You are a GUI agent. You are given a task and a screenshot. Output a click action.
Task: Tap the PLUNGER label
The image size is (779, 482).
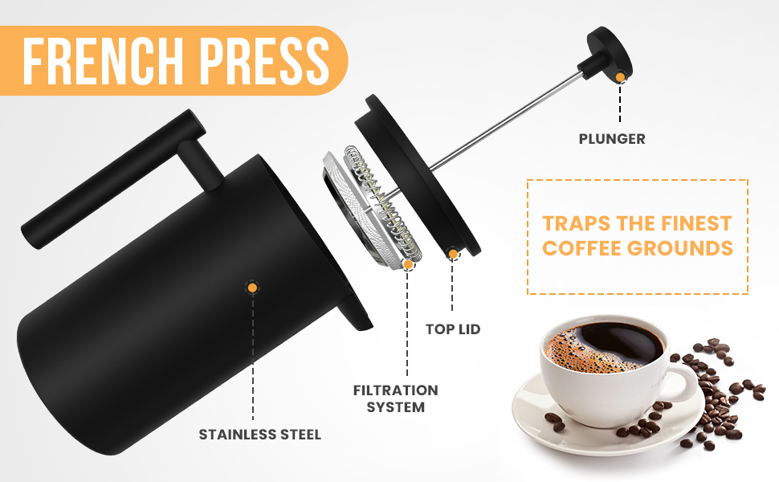coord(612,139)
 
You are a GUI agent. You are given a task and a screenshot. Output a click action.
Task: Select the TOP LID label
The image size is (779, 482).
coord(452,329)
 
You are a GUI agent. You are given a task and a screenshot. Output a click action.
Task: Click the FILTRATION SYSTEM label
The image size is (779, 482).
coord(396,398)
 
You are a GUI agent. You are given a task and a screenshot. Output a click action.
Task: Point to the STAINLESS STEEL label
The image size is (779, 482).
coord(260,435)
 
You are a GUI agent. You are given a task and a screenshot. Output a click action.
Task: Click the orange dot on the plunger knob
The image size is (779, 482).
coord(620,76)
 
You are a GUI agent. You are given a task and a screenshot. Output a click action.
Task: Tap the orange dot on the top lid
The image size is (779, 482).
coord(453,254)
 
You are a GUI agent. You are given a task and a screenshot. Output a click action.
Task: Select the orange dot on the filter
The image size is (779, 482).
coord(408,263)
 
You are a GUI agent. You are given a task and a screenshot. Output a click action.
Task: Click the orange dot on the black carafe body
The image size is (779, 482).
coord(252,286)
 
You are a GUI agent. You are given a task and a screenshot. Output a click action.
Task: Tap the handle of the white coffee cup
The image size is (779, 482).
coord(683,381)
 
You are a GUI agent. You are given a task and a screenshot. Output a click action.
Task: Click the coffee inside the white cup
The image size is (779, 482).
coord(606,349)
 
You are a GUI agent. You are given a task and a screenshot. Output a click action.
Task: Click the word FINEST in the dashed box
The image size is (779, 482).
coord(693,223)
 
